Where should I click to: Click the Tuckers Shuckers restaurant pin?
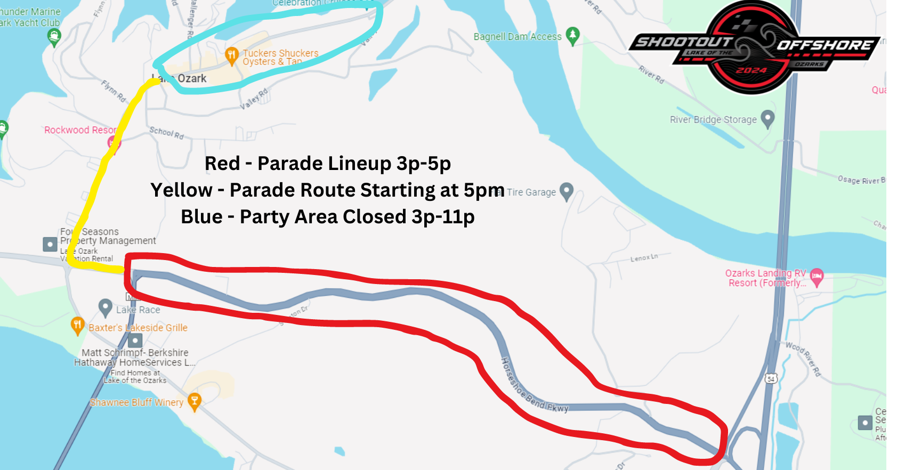click(231, 55)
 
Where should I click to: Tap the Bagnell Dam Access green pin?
click(572, 36)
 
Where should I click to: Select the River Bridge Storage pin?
click(767, 118)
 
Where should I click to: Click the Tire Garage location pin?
click(567, 191)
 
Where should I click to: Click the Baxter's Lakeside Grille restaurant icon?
click(78, 325)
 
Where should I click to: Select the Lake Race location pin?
click(106, 307)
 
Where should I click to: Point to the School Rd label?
click(166, 133)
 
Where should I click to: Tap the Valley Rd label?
click(254, 99)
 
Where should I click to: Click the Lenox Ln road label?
click(644, 258)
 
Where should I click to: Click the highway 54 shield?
click(771, 378)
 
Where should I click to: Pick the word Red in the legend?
click(222, 164)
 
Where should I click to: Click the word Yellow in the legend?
click(181, 190)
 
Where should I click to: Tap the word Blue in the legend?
click(201, 217)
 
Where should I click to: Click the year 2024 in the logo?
click(751, 70)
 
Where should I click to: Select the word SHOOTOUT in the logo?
click(684, 42)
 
